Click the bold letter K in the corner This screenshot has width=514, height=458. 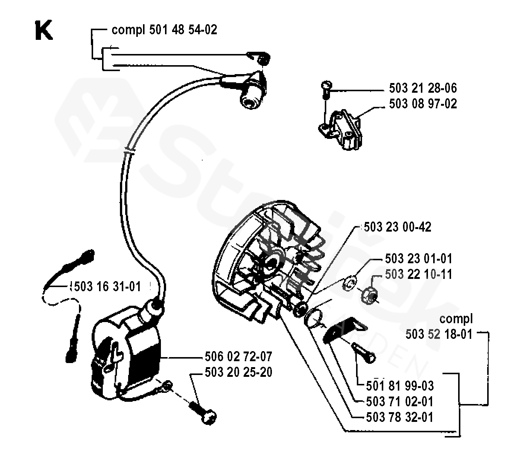[44, 31]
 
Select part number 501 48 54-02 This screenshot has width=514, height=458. [183, 30]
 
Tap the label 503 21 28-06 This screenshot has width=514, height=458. [423, 88]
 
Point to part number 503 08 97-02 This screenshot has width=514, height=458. [423, 104]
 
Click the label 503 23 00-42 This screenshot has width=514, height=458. [397, 227]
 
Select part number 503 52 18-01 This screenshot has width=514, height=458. [439, 334]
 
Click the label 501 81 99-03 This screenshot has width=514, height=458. [400, 386]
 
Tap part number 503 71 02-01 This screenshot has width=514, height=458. [400, 401]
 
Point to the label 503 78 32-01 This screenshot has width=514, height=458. [400, 417]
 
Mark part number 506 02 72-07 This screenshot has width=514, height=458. [238, 356]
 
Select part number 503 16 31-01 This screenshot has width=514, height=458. [108, 286]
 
